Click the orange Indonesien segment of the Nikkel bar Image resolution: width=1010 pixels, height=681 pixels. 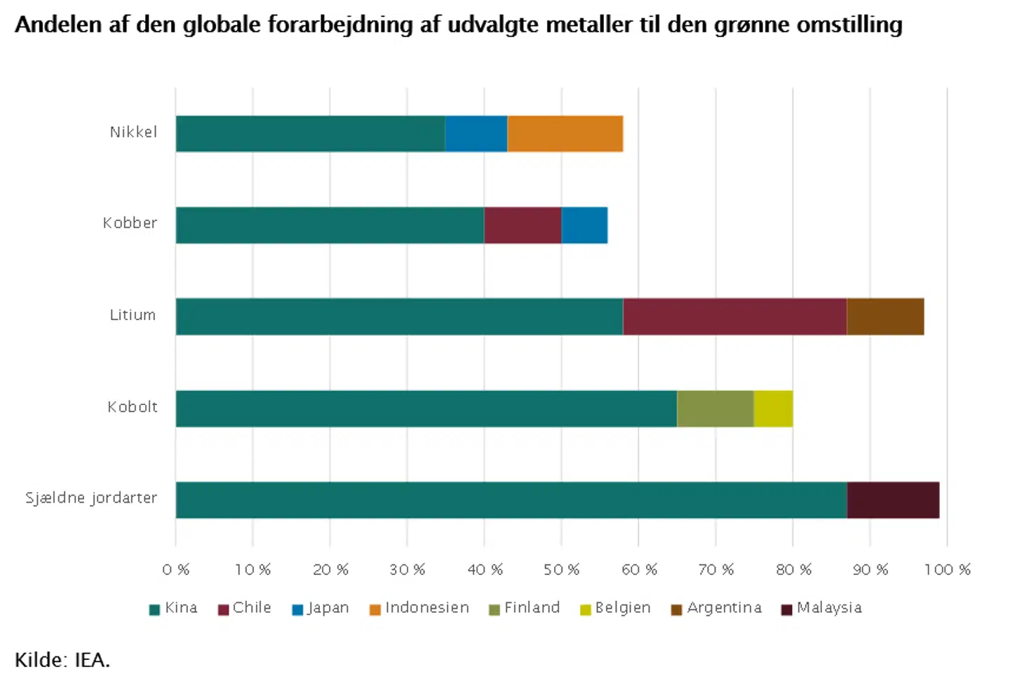point(565,133)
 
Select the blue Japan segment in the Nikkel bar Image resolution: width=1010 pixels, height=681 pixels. point(476,133)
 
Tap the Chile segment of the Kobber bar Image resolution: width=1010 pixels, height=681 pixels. point(523,225)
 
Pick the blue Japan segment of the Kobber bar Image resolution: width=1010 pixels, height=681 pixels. point(584,225)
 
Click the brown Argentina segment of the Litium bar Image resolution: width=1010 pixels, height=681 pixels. point(885,317)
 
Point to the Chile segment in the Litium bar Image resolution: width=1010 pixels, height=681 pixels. point(734,317)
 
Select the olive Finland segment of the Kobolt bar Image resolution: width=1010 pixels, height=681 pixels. point(715,409)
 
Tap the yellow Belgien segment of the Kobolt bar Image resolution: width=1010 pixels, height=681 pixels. point(773,409)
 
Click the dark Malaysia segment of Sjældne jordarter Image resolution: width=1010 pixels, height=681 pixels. point(893,500)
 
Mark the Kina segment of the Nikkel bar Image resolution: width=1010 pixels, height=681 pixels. point(310,133)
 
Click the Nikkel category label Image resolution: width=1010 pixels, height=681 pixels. point(133,132)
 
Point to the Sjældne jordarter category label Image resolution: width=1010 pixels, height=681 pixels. point(91,498)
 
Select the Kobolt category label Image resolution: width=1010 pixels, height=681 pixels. point(133,406)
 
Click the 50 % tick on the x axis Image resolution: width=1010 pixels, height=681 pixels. point(561,569)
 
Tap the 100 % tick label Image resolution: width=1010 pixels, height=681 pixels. point(947,569)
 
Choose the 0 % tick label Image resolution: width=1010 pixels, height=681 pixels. point(175,569)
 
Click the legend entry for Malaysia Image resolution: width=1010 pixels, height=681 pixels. point(821,608)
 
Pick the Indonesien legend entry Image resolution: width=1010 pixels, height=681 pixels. point(419,608)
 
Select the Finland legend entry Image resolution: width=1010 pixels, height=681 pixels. point(525,608)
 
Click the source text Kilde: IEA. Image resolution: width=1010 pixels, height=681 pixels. point(62,660)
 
